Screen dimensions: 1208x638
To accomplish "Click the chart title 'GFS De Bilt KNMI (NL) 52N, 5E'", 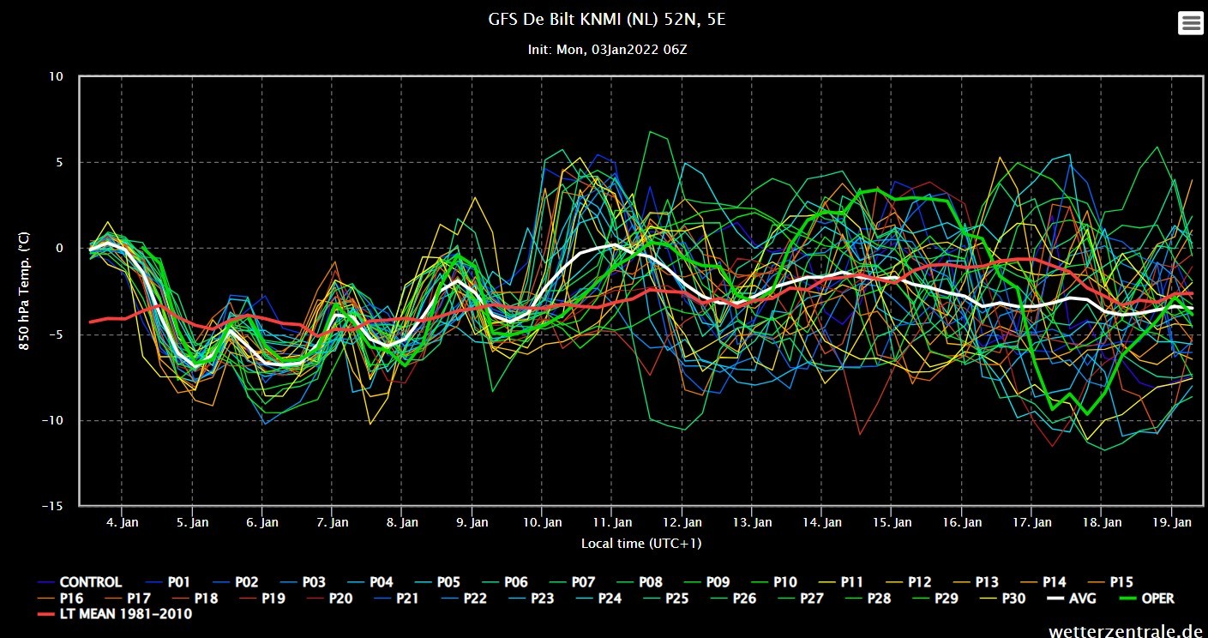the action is pos(607,20).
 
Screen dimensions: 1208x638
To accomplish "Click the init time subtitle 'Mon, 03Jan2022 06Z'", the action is pos(622,50).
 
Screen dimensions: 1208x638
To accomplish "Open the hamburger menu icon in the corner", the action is pos(1191,23).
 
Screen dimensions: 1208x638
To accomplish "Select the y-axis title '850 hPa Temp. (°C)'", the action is pos(24,292).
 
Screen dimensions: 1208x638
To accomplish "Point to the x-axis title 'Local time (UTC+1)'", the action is pos(641,543).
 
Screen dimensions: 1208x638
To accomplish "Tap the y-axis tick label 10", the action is pos(56,76).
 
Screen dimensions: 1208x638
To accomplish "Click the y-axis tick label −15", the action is pos(52,506).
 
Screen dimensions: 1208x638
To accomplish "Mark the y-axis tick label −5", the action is pos(55,334).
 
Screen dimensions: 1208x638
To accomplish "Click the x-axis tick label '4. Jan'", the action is pos(122,522).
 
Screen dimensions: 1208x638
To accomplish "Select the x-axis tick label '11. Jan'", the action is pos(612,522).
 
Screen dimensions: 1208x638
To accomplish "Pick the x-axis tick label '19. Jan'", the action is pos(1172,522).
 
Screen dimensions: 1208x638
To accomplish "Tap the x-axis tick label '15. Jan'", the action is pos(892,522).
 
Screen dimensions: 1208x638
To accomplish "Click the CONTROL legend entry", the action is pos(80,582).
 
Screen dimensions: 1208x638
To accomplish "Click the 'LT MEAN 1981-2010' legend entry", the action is pos(115,614).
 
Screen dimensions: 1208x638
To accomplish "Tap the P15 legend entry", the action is pos(1110,582).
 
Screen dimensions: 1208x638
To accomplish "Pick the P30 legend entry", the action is pos(1002,599).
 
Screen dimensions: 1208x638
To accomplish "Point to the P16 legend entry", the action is pos(60,599).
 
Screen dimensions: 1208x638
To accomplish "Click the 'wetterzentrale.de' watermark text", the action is pos(1126,630).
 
